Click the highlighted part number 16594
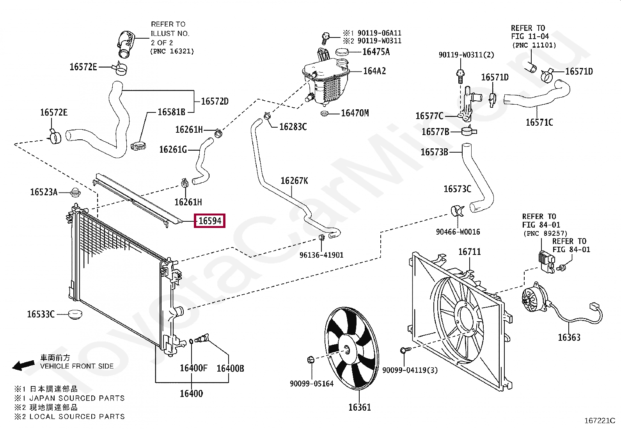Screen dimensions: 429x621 pos(210,221)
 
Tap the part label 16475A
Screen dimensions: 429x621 pos(376,52)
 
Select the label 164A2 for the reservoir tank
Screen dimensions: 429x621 pos(374,71)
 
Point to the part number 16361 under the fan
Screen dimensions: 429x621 pos(359,408)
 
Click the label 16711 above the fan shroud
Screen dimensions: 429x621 pos(469,252)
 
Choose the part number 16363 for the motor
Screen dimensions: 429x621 pos(569,338)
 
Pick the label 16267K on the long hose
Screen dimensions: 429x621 pos(294,181)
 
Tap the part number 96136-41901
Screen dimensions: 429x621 pos(321,255)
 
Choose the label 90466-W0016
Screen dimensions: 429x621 pos(458,232)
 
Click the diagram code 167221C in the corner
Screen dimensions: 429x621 pos(599,421)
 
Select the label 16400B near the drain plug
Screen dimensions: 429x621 pos(230,368)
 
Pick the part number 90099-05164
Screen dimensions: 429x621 pos(311,384)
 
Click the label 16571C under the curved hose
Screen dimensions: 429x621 pos(539,123)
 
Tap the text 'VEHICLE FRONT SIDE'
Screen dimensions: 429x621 pos(77,366)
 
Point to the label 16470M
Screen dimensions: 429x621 pos(355,113)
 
